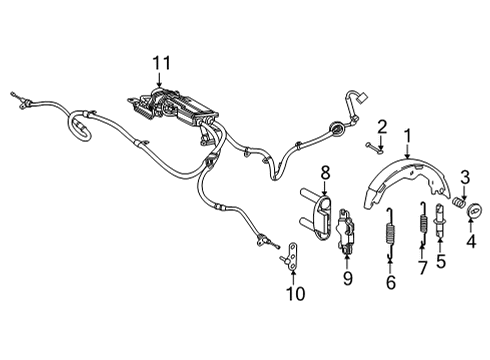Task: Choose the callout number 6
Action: [421, 268]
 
